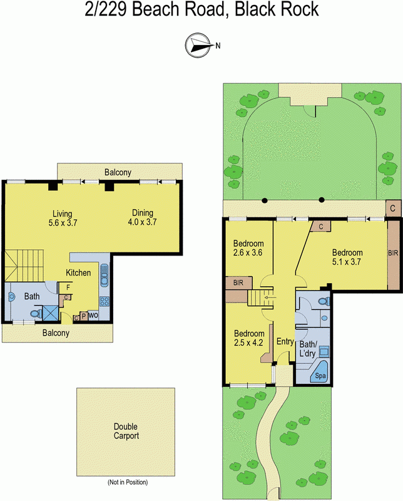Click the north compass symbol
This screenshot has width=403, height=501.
197,44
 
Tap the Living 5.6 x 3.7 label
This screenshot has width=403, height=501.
63,217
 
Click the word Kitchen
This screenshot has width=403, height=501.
79,272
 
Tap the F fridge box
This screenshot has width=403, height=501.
68,287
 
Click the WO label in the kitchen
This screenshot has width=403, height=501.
93,316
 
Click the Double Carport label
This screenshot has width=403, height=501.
126,431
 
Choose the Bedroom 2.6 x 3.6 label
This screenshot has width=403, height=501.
248,249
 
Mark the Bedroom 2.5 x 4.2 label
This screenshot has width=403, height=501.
248,338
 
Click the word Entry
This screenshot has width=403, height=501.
285,341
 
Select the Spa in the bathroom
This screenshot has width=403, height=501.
321,374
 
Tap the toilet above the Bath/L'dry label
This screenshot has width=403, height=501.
324,302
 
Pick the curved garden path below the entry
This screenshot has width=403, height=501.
273,438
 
